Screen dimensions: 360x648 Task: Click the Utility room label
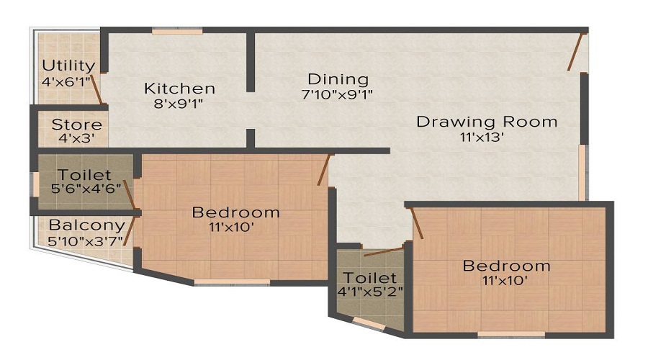(x=68, y=66)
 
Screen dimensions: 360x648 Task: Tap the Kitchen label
(x=179, y=89)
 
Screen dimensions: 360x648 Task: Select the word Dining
(x=338, y=79)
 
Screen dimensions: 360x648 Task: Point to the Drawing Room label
(x=487, y=122)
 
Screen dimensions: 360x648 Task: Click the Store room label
(x=76, y=125)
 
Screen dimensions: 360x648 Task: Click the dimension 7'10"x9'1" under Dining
(x=337, y=94)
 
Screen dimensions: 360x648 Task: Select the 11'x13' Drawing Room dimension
(x=487, y=137)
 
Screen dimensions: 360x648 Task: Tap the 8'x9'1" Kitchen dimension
(x=179, y=104)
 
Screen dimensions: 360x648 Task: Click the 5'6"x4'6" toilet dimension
(x=85, y=189)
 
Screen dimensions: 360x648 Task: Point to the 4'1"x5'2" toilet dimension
(x=369, y=292)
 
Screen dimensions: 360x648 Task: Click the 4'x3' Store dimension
(x=76, y=139)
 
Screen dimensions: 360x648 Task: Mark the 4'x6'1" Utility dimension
(x=67, y=81)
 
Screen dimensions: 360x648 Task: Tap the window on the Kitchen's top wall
(x=177, y=30)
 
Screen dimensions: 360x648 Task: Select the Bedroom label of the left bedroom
(x=235, y=212)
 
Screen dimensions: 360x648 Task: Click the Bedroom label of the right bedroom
(x=506, y=266)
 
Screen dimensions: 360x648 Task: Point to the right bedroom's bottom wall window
(x=510, y=334)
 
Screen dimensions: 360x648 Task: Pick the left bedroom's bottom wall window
(x=231, y=282)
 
